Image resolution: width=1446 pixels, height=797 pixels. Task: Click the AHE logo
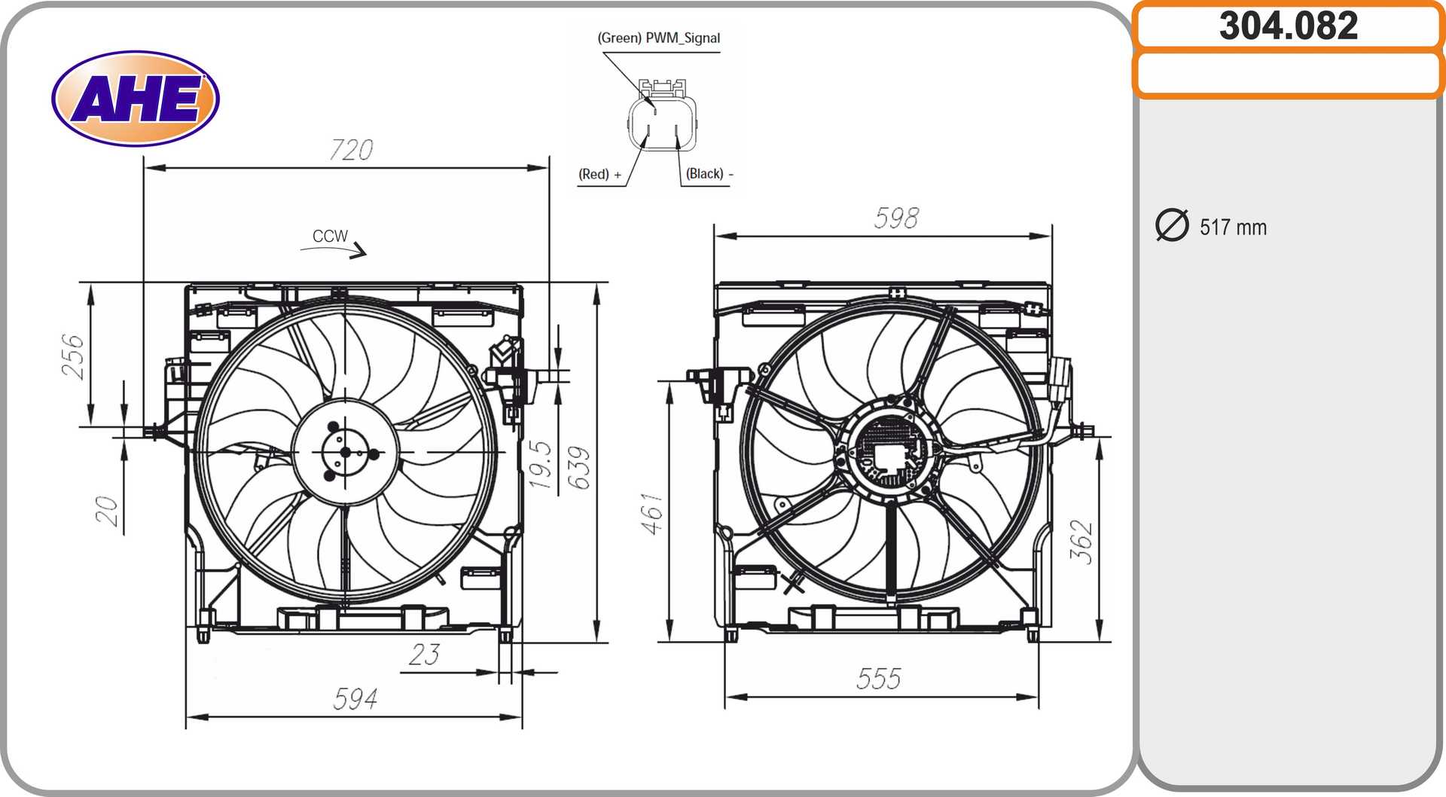[x=136, y=98]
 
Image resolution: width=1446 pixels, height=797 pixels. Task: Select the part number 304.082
[x=1289, y=26]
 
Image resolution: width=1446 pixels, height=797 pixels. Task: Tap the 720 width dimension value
[x=352, y=149]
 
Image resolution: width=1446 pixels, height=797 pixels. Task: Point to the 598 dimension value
[x=896, y=218]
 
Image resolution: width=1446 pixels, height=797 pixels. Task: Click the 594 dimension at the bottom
[x=355, y=698]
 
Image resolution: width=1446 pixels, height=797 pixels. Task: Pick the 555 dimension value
[x=878, y=679]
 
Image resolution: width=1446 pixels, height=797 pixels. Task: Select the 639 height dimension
[x=579, y=468]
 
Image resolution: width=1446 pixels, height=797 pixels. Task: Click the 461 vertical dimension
[x=652, y=514]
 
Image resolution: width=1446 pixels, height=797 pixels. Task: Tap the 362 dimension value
[x=1081, y=542]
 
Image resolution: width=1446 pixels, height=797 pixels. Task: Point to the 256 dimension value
[x=73, y=356]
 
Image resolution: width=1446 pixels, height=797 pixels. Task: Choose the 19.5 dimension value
[x=540, y=465]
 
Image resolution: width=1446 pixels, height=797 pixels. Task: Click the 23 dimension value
[x=424, y=654]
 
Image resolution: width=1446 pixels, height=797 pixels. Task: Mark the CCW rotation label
[x=330, y=236]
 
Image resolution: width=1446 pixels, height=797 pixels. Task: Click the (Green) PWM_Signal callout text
[x=659, y=38]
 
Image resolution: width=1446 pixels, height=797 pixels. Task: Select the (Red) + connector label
[x=600, y=174]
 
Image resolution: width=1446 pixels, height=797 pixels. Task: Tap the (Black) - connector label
[x=709, y=174]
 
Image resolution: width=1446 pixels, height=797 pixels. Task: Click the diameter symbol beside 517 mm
[x=1172, y=225]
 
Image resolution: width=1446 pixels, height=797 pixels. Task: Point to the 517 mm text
[x=1233, y=227]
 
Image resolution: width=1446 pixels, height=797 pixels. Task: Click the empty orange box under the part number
[x=1288, y=74]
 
